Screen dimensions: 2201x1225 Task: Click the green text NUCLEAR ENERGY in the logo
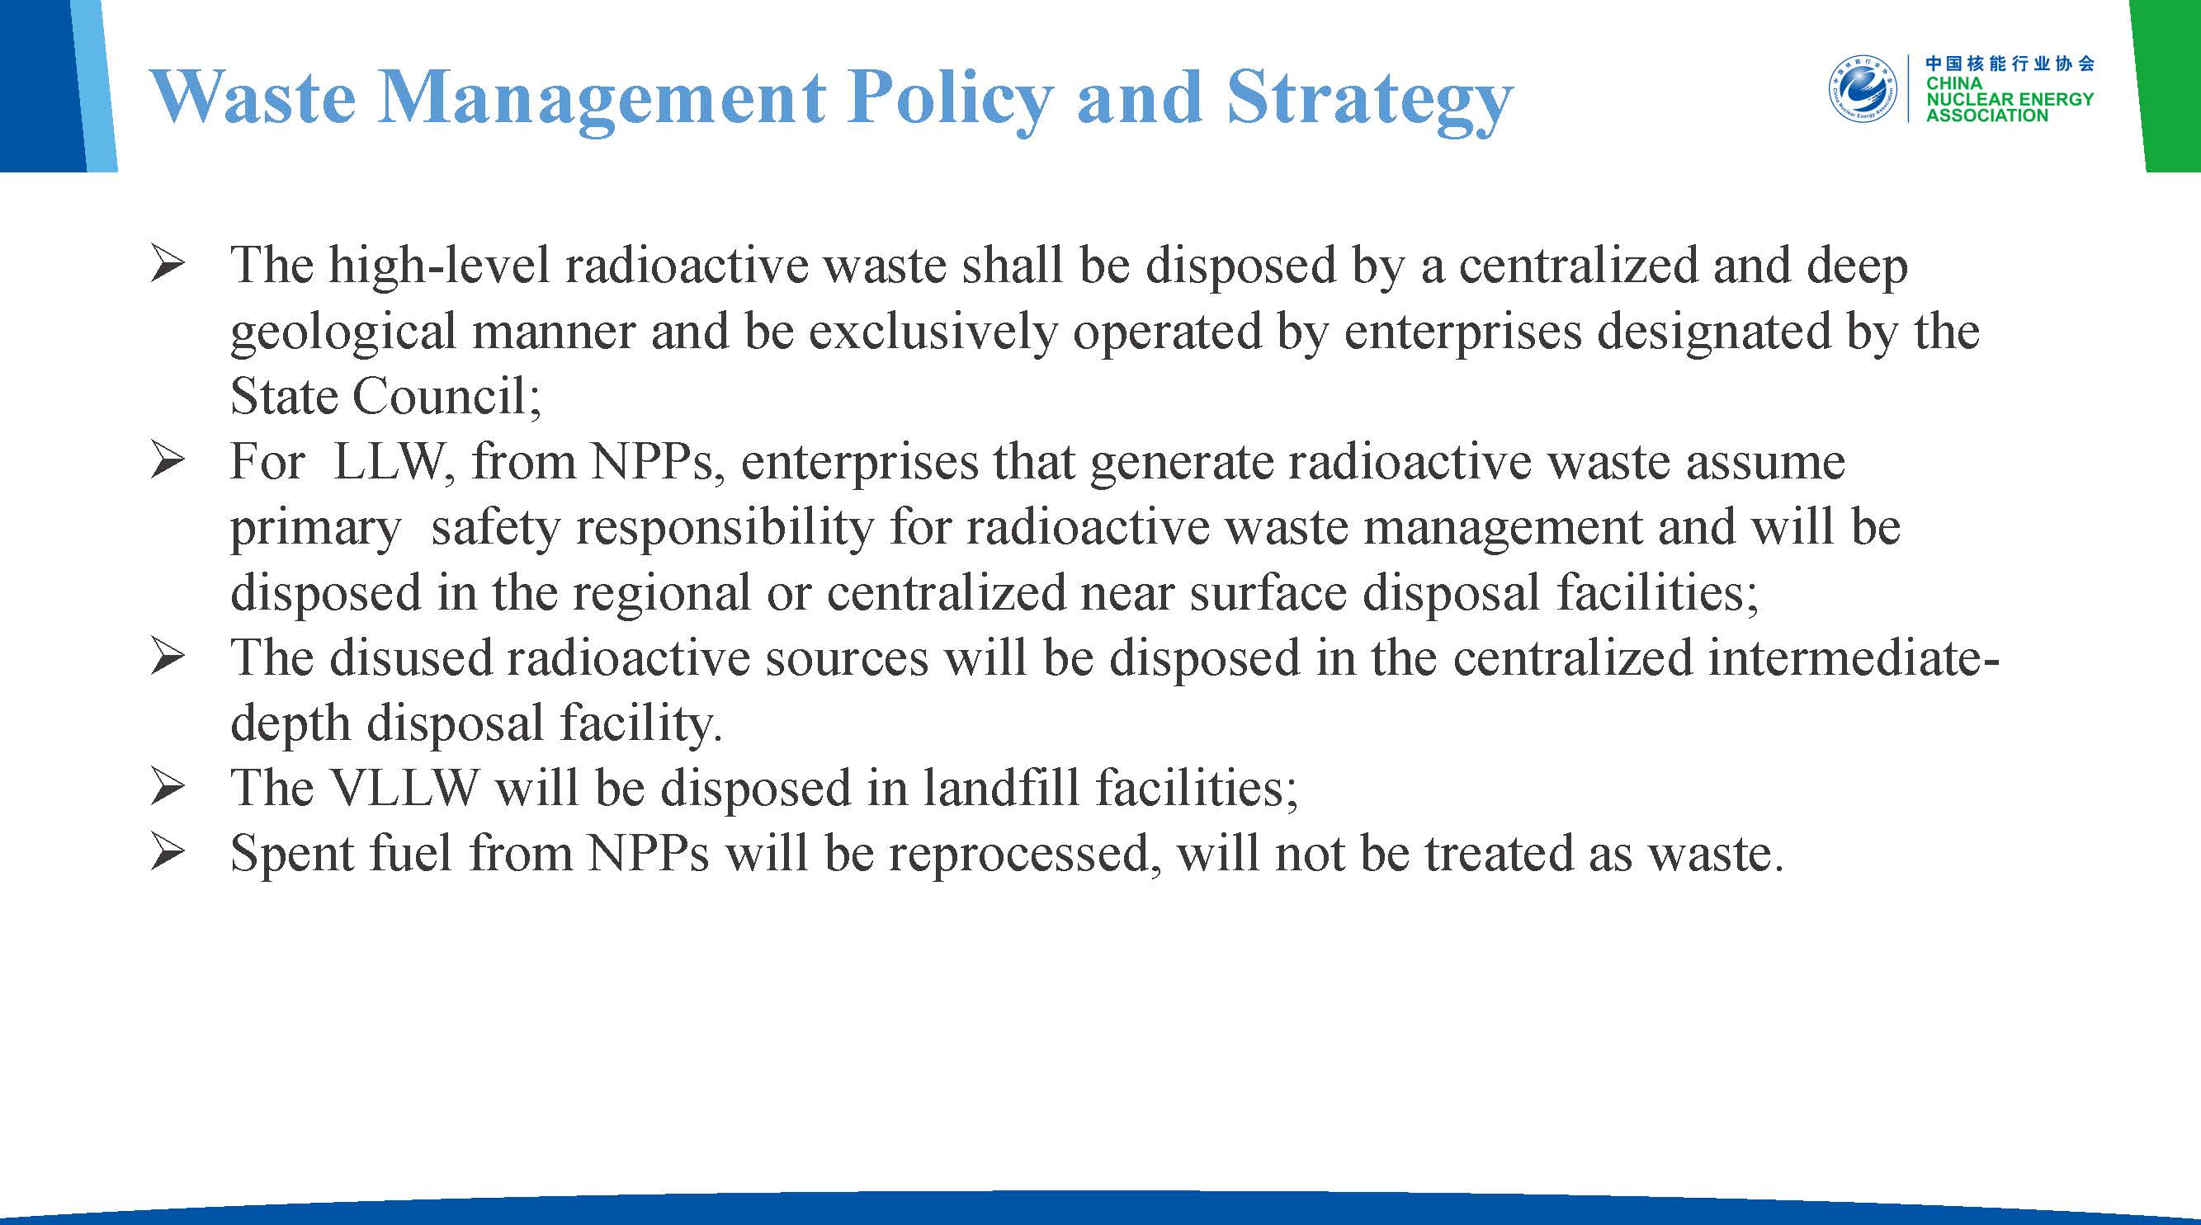pos(2010,99)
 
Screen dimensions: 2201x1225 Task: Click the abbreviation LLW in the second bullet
pos(390,462)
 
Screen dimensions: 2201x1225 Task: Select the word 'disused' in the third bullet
pos(411,658)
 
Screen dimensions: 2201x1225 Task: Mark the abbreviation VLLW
pos(404,789)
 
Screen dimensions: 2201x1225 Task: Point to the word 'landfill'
pos(1000,789)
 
